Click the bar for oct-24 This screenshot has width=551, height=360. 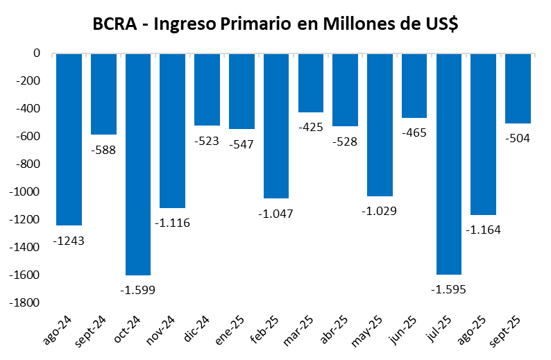(137, 164)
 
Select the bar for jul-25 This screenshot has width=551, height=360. (448, 164)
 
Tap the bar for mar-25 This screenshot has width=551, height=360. (310, 83)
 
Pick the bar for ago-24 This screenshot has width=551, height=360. (69, 139)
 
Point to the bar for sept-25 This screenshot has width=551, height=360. (518, 88)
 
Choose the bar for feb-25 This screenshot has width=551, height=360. (275, 126)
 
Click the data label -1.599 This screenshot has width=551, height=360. (137, 289)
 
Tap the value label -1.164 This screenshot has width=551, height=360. (484, 230)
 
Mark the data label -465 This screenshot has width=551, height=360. (414, 132)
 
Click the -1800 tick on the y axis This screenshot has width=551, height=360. (26, 303)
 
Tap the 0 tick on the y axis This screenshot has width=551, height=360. (37, 53)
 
